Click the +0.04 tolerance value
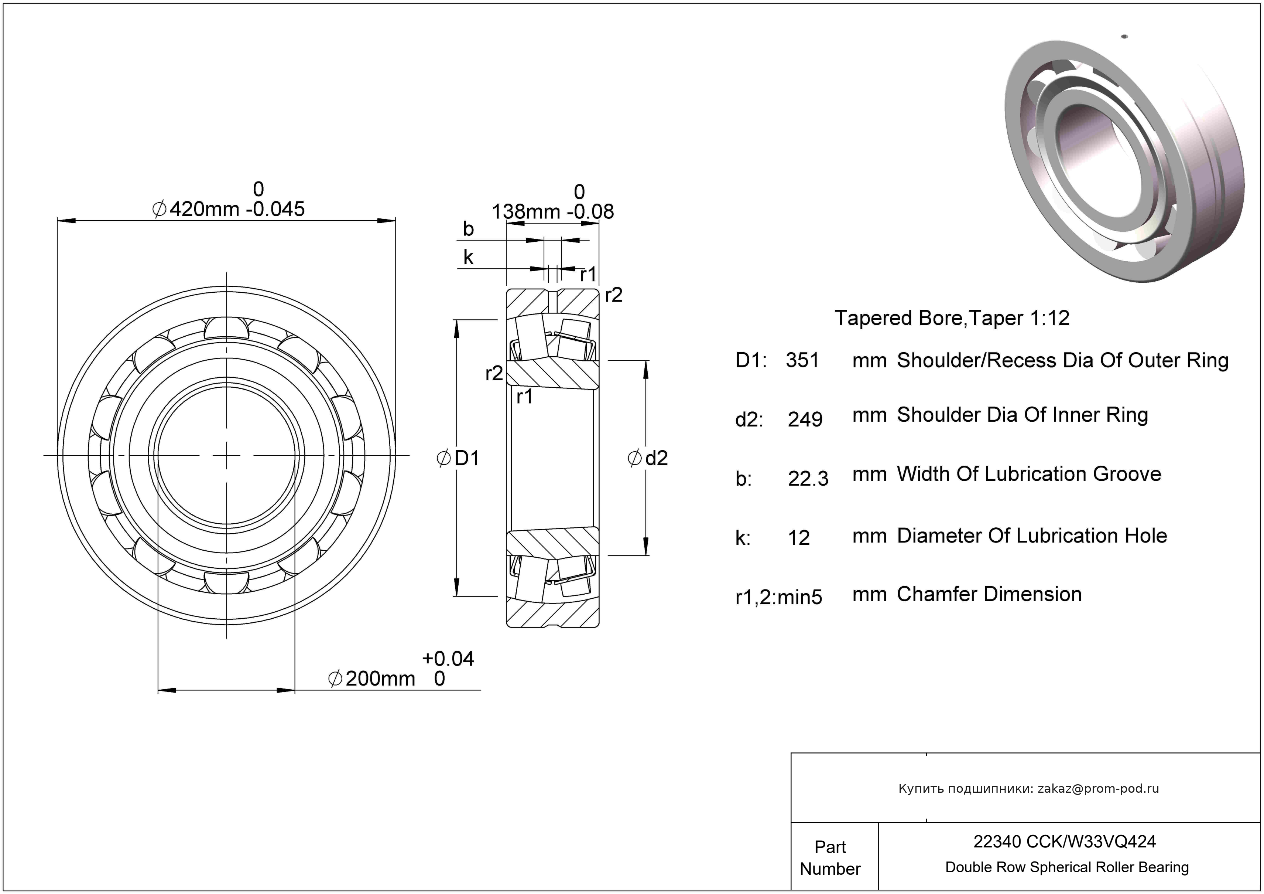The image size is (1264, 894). coord(448,659)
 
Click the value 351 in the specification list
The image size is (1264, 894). coord(802,360)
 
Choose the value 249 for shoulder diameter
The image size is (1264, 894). coord(805,420)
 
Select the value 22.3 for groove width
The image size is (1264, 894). coord(808,479)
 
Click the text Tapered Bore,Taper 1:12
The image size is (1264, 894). coord(952,318)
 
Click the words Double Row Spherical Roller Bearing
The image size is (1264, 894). coord(1066,867)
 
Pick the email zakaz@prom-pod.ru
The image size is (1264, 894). coord(1098,789)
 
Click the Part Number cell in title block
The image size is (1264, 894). coord(830,858)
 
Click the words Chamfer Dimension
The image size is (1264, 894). coord(989,594)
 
